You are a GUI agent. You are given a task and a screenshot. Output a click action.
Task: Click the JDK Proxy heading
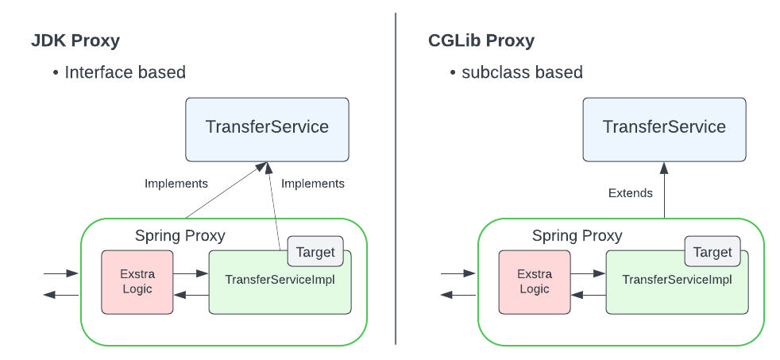pos(75,41)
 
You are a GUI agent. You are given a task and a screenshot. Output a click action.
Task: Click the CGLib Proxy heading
pos(481,41)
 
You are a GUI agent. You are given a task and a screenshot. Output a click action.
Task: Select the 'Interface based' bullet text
pos(125,72)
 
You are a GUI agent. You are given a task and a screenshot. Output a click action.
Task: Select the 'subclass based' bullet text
pos(522,72)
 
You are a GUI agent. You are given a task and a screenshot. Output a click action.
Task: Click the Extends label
pos(630,193)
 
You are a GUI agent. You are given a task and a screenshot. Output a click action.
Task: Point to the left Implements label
pos(176,184)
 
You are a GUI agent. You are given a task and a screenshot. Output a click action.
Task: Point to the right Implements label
pos(313,184)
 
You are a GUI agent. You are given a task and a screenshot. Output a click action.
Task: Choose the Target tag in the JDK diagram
pos(315,252)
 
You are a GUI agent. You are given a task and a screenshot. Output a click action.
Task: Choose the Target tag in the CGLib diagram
pos(712,252)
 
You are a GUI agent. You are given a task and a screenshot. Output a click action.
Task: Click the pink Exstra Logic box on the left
pos(137,282)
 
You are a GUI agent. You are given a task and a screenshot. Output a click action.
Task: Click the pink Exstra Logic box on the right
pos(534,282)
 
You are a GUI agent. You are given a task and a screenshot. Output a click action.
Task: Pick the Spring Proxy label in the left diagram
pos(180,235)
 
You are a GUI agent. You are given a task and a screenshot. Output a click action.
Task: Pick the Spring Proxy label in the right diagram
pos(577,235)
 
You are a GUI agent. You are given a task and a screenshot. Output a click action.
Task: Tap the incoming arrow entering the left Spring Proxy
pos(61,273)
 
